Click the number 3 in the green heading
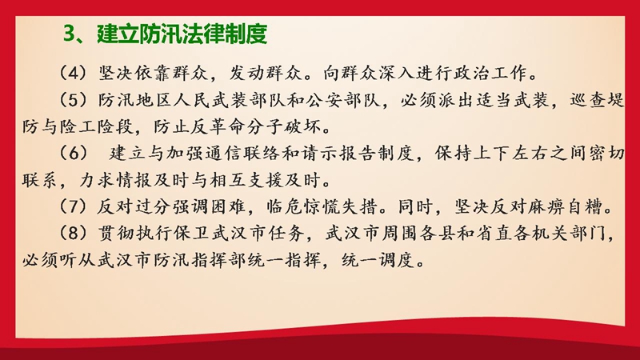70,34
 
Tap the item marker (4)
73,74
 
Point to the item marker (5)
73,100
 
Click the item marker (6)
73,153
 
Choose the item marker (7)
73,206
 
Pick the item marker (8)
73,233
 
